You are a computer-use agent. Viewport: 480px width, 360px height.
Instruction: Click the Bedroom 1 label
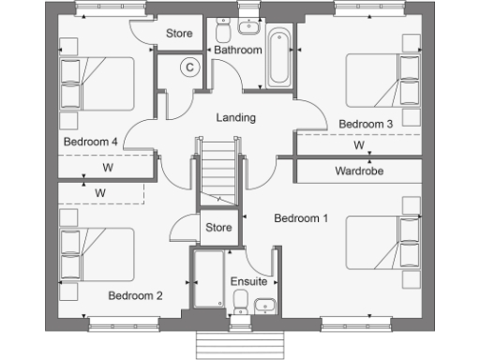coord(300,218)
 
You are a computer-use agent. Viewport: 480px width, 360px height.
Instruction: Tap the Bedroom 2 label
coord(135,296)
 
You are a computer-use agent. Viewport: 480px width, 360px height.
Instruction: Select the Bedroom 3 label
coord(365,124)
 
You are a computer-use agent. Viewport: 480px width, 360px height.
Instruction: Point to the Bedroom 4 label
coord(90,142)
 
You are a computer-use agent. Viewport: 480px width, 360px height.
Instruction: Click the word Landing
coord(235,117)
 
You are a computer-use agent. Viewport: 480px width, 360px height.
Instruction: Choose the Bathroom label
coord(237,49)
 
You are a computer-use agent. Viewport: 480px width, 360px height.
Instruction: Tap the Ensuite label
coord(248,281)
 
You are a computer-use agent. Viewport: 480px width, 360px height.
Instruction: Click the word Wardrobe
coord(357,172)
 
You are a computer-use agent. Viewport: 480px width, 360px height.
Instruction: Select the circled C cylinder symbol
coord(188,67)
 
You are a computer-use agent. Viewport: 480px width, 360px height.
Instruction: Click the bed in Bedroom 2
coord(95,254)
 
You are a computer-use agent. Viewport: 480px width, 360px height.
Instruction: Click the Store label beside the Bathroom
coord(178,34)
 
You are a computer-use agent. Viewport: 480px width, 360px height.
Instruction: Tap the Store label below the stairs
coord(218,227)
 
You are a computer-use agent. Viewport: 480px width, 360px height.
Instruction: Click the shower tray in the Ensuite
coord(208,279)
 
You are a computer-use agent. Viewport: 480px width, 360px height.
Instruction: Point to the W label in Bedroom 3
coord(359,146)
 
